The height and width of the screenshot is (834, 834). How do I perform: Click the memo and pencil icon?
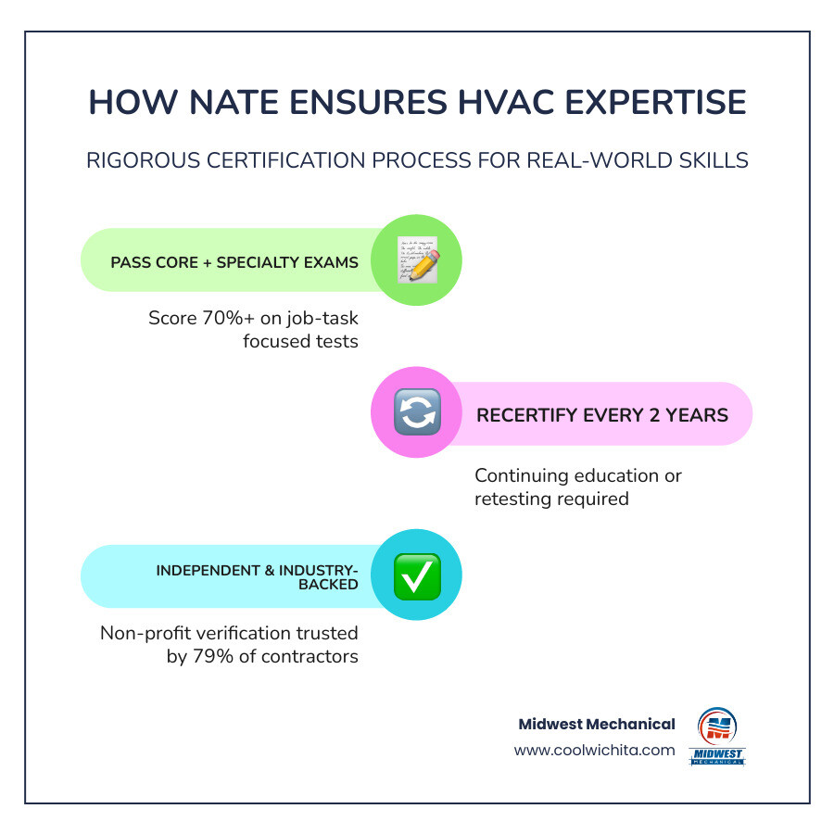pyautogui.click(x=417, y=260)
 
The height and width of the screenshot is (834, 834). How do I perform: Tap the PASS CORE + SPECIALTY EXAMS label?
pyautogui.click(x=234, y=262)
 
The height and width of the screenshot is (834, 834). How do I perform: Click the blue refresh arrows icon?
pyautogui.click(x=417, y=413)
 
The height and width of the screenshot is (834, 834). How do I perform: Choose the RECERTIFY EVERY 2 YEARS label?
pyautogui.click(x=602, y=414)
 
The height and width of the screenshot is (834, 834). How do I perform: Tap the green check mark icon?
pyautogui.click(x=417, y=575)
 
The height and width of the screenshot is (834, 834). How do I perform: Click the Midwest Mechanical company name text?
pyautogui.click(x=598, y=724)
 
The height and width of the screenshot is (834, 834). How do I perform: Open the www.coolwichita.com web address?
pyautogui.click(x=594, y=750)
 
